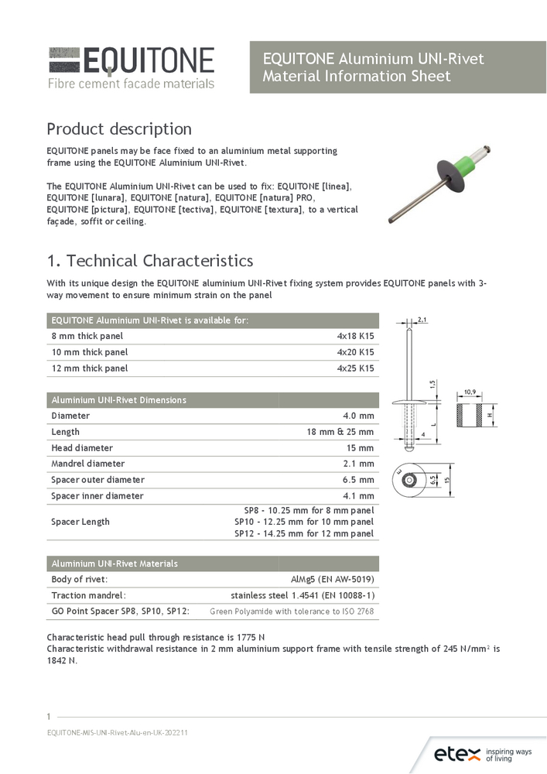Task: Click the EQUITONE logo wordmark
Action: [x=147, y=60]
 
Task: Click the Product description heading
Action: [x=119, y=128]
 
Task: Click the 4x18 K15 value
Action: [x=355, y=336]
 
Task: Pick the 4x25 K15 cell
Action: [x=355, y=368]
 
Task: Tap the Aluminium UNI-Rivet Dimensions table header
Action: [x=118, y=400]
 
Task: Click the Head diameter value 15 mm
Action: [x=360, y=448]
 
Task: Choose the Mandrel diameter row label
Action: [x=87, y=464]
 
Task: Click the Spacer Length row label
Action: [x=80, y=522]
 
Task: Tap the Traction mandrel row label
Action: [x=88, y=595]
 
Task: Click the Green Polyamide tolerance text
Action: [x=292, y=611]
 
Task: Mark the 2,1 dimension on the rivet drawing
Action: [x=422, y=319]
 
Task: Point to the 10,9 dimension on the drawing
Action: [x=470, y=392]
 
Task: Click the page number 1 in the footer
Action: [x=50, y=716]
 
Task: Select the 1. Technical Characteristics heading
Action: [x=149, y=261]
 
